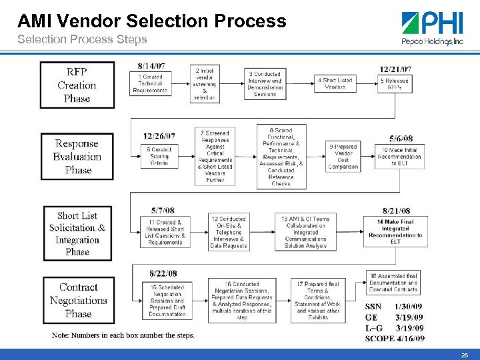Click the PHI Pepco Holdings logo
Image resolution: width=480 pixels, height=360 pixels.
[432, 28]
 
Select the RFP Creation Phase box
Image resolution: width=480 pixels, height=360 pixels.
[77, 85]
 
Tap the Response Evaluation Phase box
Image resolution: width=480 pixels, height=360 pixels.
[77, 157]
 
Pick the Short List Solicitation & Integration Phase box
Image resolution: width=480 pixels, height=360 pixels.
[77, 233]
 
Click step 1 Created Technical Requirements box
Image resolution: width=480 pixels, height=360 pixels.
[150, 84]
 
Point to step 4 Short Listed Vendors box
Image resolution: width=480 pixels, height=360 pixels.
[335, 83]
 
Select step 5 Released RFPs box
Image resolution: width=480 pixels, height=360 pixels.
[395, 84]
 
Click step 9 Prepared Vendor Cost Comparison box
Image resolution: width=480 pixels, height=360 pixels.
[343, 157]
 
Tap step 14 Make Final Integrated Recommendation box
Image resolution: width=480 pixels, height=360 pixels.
[395, 231]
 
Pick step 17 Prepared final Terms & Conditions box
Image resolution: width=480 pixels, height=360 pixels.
[318, 300]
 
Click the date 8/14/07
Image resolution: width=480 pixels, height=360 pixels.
[151, 66]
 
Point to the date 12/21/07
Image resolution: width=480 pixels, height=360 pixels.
[395, 69]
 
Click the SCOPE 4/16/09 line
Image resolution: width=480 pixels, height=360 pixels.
[394, 338]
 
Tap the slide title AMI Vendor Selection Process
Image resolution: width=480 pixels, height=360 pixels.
[152, 21]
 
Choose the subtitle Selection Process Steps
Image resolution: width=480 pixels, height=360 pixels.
[82, 39]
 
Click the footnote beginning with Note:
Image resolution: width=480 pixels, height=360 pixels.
[123, 335]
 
